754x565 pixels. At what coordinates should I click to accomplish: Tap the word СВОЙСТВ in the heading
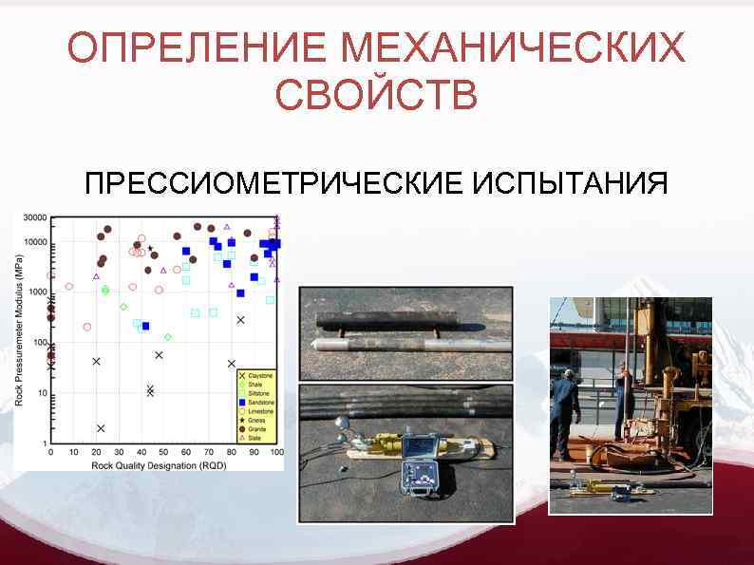pyautogui.click(x=376, y=95)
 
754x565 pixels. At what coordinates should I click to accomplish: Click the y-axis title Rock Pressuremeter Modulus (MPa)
pyautogui.click(x=20, y=329)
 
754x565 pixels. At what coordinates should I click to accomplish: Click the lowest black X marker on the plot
pyautogui.click(x=101, y=428)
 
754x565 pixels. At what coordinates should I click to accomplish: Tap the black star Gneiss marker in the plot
pyautogui.click(x=150, y=249)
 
